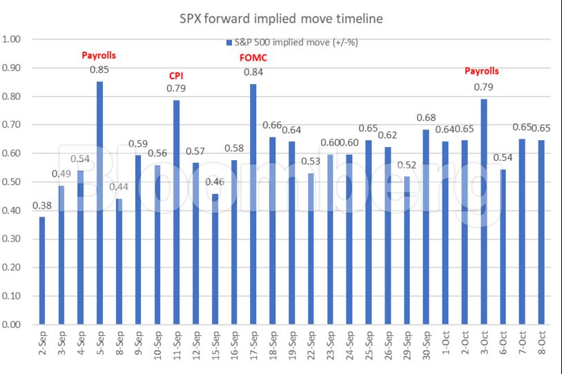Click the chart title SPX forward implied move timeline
[280, 19]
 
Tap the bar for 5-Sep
[99, 203]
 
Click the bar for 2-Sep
[42, 270]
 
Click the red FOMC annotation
[253, 58]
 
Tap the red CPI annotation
[176, 75]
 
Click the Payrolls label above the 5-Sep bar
[99, 54]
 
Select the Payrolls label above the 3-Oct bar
[481, 70]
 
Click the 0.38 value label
[42, 206]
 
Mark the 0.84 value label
[253, 72]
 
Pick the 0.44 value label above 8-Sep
[119, 187]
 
